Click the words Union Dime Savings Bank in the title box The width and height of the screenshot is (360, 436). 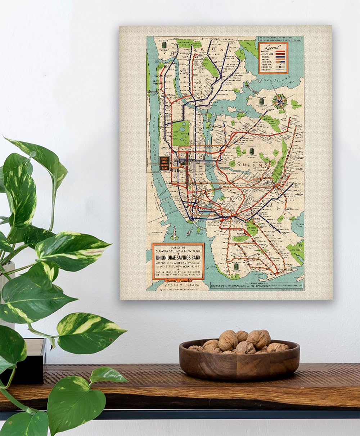tap(178, 258)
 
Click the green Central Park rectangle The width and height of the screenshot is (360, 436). tap(181, 133)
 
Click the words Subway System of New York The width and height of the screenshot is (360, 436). tap(178, 250)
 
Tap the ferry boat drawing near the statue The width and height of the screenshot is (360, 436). tap(189, 233)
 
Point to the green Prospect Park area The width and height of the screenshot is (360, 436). tap(252, 228)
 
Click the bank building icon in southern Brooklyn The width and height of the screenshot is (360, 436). tap(237, 266)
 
